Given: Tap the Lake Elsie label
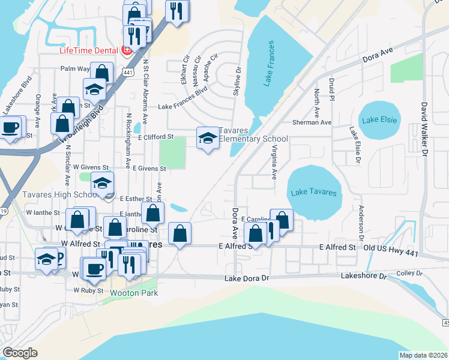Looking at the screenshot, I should pos(379,120).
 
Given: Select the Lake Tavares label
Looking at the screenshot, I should pos(313,193).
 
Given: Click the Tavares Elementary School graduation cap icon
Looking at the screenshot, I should pos(208,139).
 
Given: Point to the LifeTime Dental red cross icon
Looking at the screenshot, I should pos(127,50).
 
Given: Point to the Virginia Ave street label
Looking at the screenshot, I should pos(274,162).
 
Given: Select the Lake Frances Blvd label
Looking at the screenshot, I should pos(182,107).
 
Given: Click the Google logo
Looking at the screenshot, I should pos(20,353).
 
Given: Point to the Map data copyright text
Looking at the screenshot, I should pos(423,355).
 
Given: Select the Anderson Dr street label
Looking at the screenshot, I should pos(361,220).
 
